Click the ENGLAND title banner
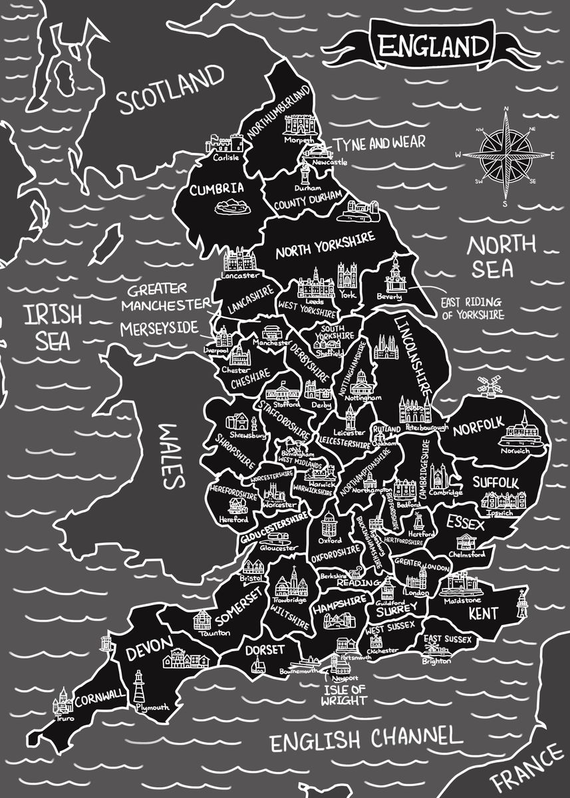tap(433, 47)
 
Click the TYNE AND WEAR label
tap(378, 144)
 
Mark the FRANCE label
tap(529, 767)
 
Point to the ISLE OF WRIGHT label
tap(343, 694)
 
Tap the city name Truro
tap(65, 718)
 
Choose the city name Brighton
tap(436, 661)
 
